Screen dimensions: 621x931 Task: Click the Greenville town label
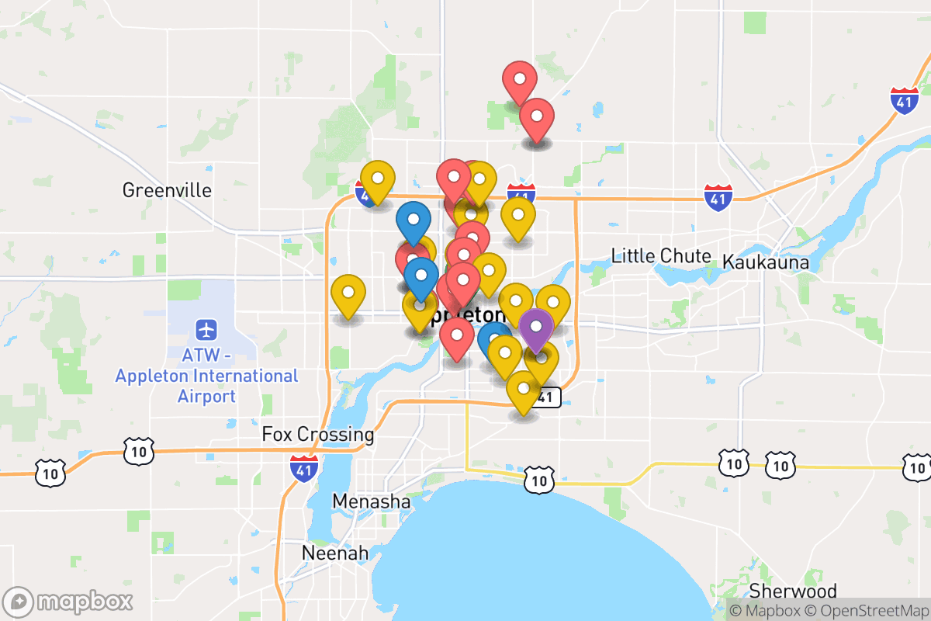pyautogui.click(x=167, y=190)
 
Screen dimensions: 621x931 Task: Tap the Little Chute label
pyautogui.click(x=661, y=256)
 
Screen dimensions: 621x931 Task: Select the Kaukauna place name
pyautogui.click(x=766, y=262)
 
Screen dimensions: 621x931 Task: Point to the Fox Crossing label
pyautogui.click(x=318, y=435)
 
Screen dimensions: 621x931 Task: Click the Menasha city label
pyautogui.click(x=372, y=502)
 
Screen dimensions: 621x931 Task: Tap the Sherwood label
pyautogui.click(x=793, y=592)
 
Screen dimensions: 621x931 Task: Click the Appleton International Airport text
pyautogui.click(x=206, y=376)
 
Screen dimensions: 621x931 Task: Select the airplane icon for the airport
pyautogui.click(x=206, y=329)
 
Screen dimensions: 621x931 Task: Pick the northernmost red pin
pyautogui.click(x=520, y=79)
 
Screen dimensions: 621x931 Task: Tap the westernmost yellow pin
pyautogui.click(x=348, y=293)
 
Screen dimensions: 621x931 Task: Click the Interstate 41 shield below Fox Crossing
pyautogui.click(x=304, y=467)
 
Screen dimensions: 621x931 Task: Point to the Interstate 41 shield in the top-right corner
pyautogui.click(x=905, y=101)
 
